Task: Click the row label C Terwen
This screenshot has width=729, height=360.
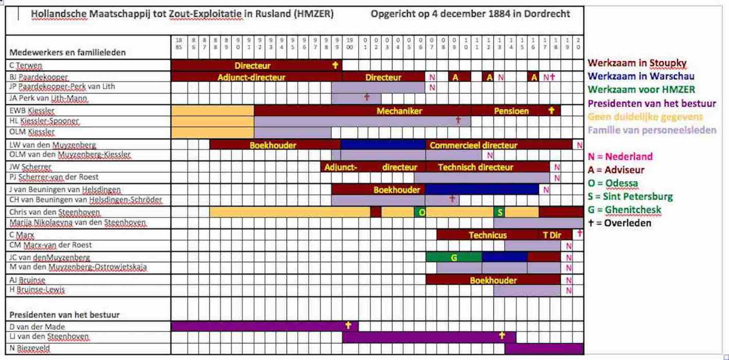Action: [26, 65]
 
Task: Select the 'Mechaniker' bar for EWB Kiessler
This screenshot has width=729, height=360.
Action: [399, 111]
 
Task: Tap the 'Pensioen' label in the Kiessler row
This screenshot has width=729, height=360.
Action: [511, 111]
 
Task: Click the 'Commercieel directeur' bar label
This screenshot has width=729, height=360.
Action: [473, 145]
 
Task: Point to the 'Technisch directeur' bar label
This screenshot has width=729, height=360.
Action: [475, 168]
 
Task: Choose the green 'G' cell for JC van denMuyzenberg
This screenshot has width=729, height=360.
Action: [454, 258]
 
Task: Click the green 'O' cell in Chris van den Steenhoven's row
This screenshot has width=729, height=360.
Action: [421, 212]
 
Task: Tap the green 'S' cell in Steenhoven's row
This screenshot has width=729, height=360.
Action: [499, 212]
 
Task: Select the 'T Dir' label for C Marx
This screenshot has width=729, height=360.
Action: [552, 235]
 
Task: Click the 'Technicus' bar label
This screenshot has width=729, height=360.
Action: [488, 235]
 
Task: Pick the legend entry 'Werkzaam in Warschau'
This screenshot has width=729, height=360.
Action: [641, 76]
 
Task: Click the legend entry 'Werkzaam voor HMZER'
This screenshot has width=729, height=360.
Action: [641, 89]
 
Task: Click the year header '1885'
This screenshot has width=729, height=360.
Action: [179, 43]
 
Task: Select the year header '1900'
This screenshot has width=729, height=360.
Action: [349, 43]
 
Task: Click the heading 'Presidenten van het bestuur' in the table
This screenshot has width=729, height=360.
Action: [65, 315]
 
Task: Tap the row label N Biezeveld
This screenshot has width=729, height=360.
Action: [29, 348]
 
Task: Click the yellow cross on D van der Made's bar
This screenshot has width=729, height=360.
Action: [348, 325]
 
